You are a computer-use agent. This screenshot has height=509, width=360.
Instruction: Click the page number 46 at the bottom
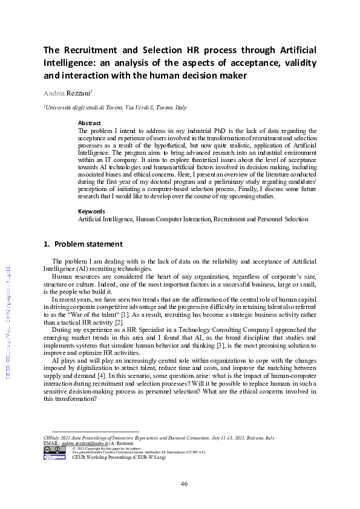pos(185,484)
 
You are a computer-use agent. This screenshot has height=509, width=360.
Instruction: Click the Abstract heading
pos(90,123)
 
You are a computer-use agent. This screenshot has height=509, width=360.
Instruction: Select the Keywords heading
pos(91,211)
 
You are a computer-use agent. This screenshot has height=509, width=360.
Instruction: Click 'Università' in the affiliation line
pos(59,108)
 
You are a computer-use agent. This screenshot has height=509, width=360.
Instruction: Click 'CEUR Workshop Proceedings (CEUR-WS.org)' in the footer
pos(110,458)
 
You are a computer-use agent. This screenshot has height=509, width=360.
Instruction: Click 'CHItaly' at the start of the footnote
pos(53,438)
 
